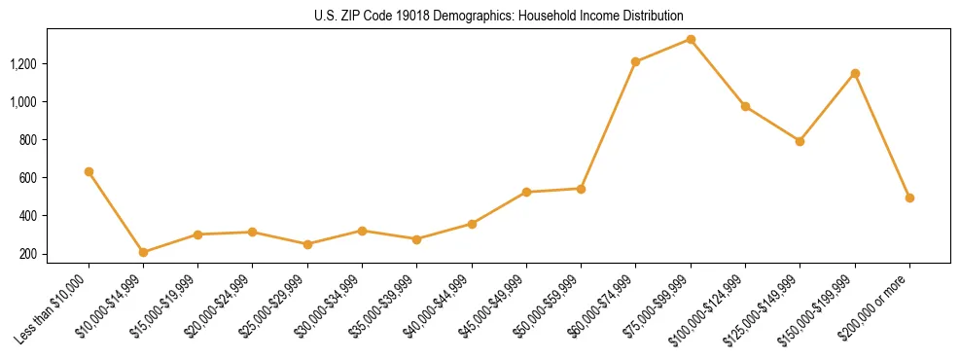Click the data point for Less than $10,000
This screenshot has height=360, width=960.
coord(89,171)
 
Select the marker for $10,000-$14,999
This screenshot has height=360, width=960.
coord(143,252)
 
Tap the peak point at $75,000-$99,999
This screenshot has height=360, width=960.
coord(691,39)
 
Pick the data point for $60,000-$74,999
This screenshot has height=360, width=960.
coord(635,61)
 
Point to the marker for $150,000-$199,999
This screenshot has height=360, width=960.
coord(855,73)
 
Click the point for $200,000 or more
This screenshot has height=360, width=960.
coord(909,198)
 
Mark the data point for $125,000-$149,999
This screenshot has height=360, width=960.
coord(800,141)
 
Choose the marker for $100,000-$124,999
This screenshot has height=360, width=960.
coord(745,106)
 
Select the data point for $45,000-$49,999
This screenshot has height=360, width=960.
coord(526,192)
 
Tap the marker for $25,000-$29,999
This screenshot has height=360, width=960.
coord(253,244)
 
